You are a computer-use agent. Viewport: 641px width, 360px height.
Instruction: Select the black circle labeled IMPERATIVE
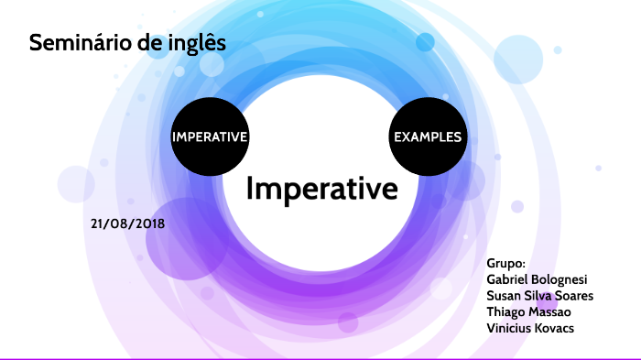click(x=210, y=136)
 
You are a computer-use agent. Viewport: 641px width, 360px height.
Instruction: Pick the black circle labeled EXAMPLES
click(x=428, y=136)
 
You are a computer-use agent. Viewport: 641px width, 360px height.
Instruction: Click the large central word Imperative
click(x=321, y=189)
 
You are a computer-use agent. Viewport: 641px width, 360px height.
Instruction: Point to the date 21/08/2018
click(x=127, y=224)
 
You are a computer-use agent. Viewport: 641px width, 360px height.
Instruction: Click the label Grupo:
click(x=505, y=264)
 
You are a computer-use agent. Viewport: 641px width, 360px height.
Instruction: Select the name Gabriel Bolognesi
click(x=537, y=279)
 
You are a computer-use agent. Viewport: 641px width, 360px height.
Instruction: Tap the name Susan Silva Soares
click(x=539, y=295)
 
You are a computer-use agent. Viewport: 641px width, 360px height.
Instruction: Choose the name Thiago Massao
click(x=528, y=312)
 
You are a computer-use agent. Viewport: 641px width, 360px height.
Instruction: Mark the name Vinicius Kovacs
click(x=530, y=328)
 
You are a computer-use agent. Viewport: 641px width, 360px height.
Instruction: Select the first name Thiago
click(x=504, y=312)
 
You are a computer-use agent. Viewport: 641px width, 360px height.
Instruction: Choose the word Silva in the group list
click(x=534, y=295)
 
